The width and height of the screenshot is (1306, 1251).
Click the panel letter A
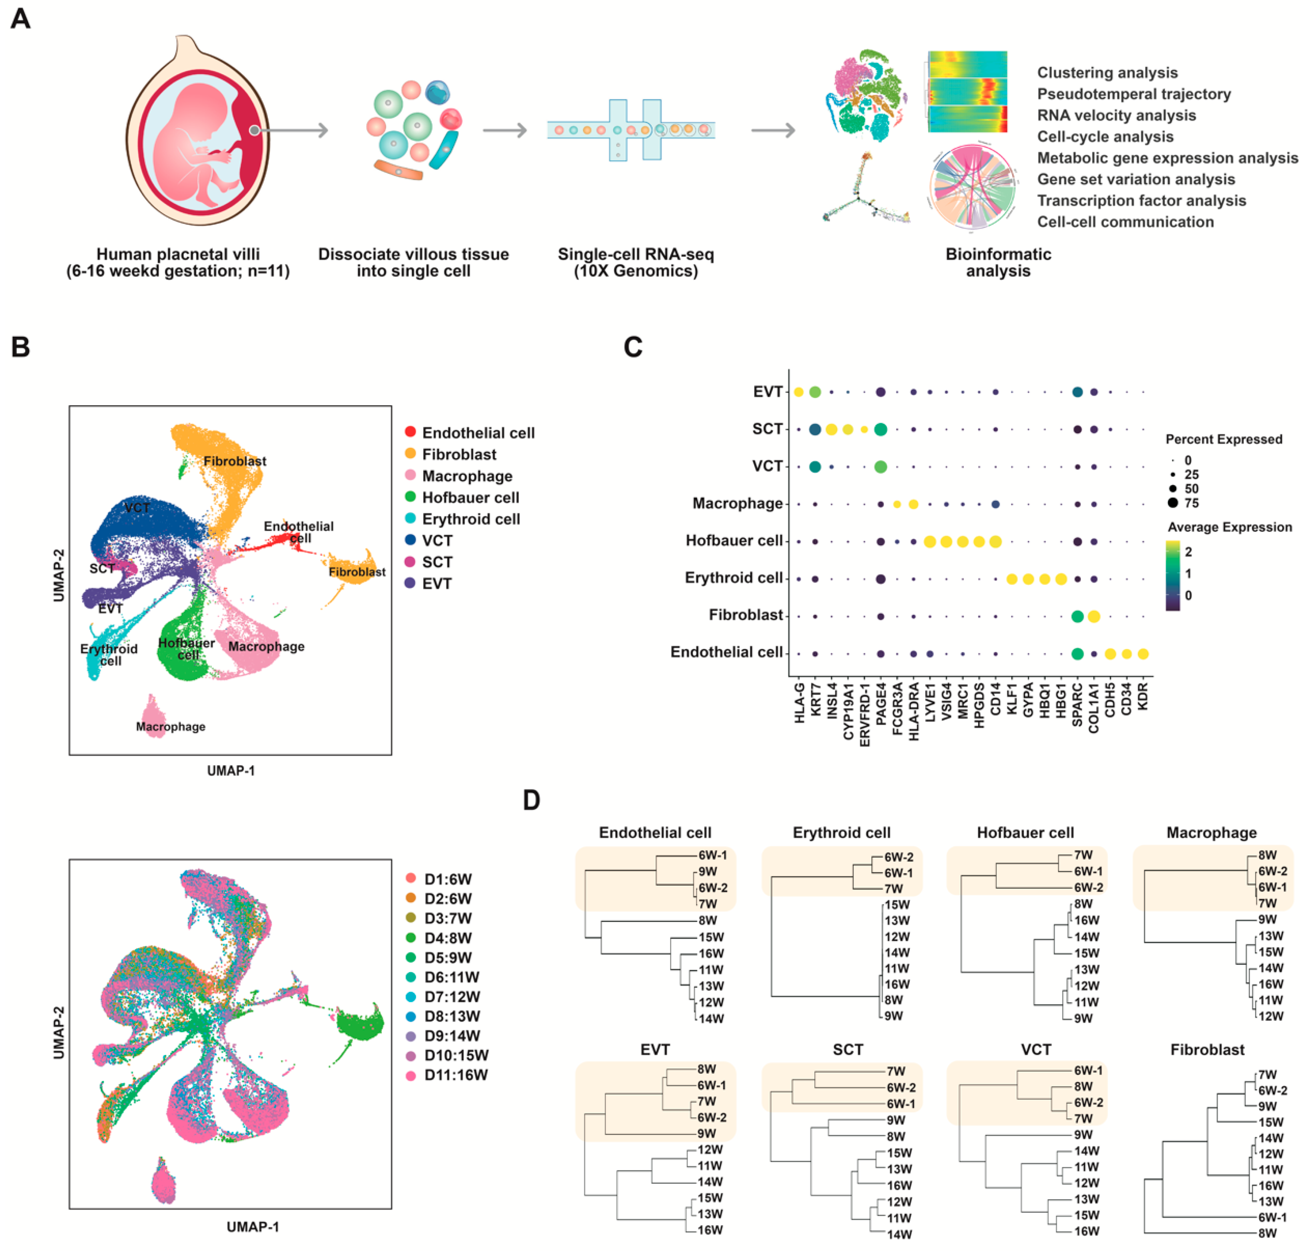tap(21, 18)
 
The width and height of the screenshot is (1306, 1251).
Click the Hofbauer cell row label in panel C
tap(734, 541)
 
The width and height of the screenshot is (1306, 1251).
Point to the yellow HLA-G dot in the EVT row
tap(798, 392)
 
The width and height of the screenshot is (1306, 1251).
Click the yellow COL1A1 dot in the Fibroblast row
tap(1093, 616)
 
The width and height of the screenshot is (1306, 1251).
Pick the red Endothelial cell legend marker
tap(410, 432)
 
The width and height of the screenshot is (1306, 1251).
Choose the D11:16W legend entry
tap(456, 1074)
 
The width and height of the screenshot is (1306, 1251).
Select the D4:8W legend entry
tap(448, 938)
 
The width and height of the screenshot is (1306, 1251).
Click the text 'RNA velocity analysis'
tap(1116, 115)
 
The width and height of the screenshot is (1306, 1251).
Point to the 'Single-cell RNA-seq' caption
tap(636, 255)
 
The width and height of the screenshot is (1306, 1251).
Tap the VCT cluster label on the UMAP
tap(137, 508)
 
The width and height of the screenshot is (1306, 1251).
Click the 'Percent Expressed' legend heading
tap(1223, 439)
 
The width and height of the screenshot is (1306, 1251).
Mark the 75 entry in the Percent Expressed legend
tap(1192, 503)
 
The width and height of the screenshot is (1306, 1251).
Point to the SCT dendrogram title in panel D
tap(848, 1050)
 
